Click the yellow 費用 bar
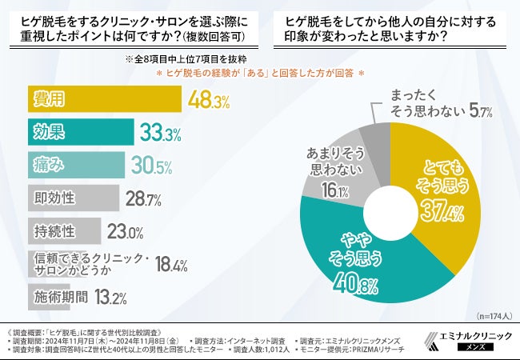104,100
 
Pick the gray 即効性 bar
73,198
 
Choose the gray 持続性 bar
64,231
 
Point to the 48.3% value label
210,101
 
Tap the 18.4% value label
170,265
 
